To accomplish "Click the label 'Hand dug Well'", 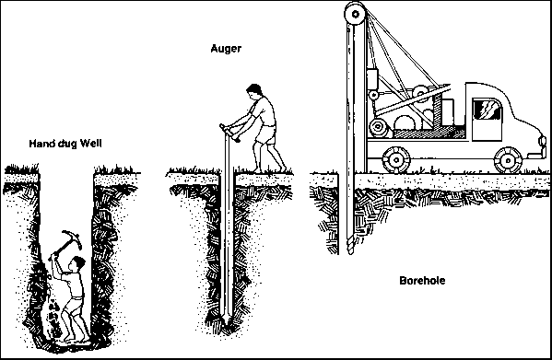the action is [65, 144].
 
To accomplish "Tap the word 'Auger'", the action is [226, 48].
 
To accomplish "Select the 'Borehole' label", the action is [422, 281].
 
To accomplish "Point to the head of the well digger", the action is [78, 263].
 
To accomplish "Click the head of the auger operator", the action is [254, 92].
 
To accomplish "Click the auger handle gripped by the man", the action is [229, 133].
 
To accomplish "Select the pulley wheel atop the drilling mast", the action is [355, 14].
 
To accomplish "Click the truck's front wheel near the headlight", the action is [508, 160].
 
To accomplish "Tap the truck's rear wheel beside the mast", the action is [396, 160].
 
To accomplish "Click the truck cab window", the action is [487, 110].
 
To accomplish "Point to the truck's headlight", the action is [542, 141].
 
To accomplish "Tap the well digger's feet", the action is [76, 339].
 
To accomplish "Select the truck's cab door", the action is [487, 119].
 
